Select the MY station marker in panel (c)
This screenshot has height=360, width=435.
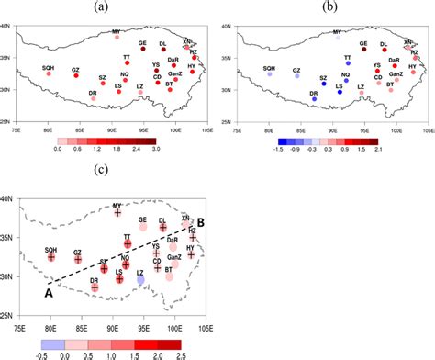coord(117,213)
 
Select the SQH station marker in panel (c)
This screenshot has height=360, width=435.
coord(51,257)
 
